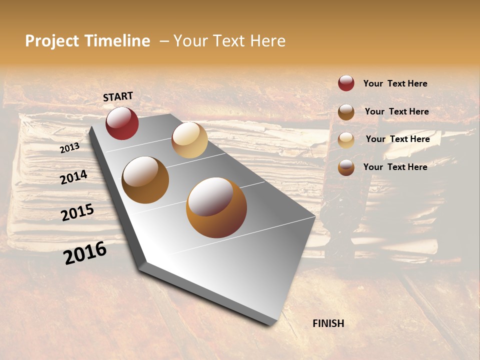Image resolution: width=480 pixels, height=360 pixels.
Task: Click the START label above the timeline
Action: point(118,96)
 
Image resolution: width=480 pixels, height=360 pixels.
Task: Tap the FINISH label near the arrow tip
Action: point(328,323)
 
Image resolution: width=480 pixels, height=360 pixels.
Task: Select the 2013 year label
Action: point(69,148)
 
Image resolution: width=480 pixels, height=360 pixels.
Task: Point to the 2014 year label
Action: point(74,177)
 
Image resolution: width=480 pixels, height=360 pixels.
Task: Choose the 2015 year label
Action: point(77,212)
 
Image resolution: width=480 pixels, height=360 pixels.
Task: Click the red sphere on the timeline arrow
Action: point(122,123)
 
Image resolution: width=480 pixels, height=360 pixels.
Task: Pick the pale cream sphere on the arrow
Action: point(189,140)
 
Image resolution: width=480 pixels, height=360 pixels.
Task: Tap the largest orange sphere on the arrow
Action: point(216,207)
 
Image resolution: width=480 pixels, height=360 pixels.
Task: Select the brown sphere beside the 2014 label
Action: point(145,180)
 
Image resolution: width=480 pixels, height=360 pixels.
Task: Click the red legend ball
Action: point(346,83)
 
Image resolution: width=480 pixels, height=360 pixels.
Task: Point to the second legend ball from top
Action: point(346,112)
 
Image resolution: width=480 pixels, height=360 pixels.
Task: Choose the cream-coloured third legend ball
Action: point(346,140)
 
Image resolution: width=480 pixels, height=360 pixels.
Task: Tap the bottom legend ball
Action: point(346,168)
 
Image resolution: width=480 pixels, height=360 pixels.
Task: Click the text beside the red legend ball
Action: point(395,83)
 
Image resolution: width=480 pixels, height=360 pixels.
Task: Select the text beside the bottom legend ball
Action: point(395,167)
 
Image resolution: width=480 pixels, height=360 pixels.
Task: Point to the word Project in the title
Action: point(52,41)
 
